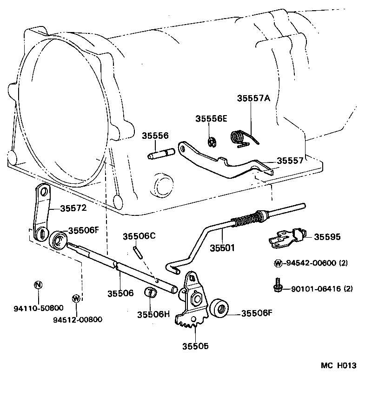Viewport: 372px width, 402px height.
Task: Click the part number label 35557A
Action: pyautogui.click(x=253, y=98)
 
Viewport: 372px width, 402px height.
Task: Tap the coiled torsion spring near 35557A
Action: pyautogui.click(x=239, y=137)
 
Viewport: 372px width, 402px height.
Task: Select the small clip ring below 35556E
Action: pyautogui.click(x=211, y=142)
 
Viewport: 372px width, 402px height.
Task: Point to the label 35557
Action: pyautogui.click(x=290, y=161)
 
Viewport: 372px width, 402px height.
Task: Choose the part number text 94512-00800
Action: pyautogui.click(x=77, y=319)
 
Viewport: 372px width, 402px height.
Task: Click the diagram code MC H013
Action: pyautogui.click(x=338, y=365)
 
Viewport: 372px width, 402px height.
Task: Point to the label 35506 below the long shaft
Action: pyautogui.click(x=120, y=293)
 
